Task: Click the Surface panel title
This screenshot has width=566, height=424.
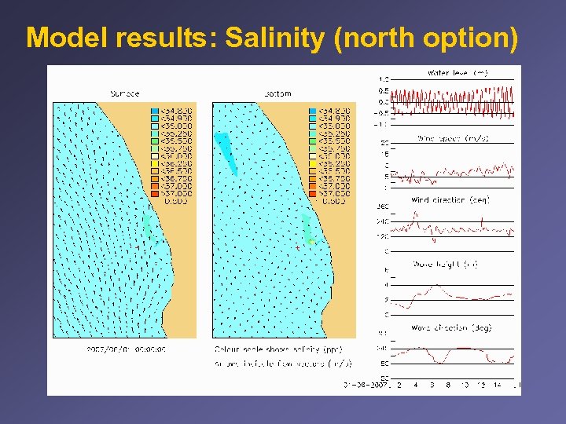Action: point(124,93)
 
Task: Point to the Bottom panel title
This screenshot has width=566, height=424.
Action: point(277,93)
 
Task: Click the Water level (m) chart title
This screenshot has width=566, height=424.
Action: point(458,73)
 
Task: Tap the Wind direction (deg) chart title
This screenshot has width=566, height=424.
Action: point(450,200)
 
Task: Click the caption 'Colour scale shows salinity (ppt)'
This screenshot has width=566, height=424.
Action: point(267,348)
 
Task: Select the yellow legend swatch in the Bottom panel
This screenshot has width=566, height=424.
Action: point(314,163)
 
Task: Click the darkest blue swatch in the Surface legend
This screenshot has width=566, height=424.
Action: point(156,110)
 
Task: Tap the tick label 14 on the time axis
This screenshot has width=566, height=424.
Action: point(498,386)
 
